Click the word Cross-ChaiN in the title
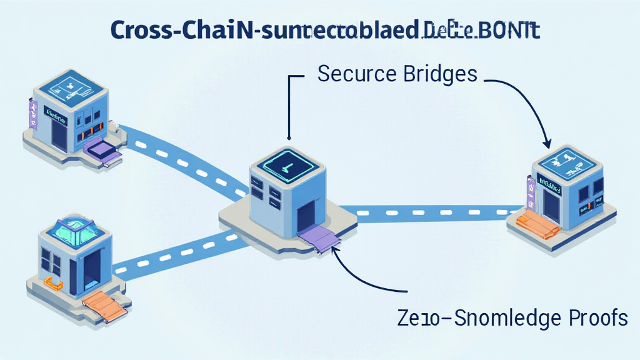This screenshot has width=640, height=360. (181, 31)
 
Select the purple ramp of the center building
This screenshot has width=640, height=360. (319, 238)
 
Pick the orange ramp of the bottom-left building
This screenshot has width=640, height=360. (105, 306)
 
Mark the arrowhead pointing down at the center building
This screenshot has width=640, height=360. (289, 137)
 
